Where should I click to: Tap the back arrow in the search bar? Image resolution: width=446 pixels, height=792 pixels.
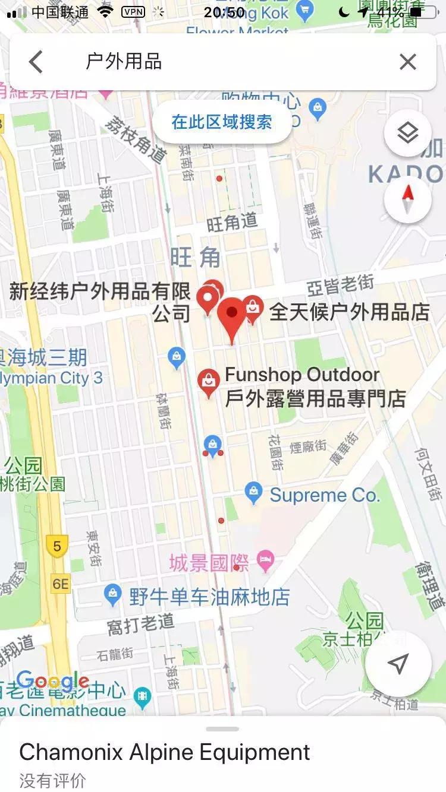(36, 62)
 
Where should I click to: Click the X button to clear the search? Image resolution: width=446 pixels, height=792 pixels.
(408, 62)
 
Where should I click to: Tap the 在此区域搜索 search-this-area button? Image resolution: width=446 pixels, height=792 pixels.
(222, 122)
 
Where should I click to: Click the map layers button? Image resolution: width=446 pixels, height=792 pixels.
(408, 133)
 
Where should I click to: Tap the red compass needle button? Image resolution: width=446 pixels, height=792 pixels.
(408, 199)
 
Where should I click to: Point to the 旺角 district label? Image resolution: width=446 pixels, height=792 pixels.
(196, 258)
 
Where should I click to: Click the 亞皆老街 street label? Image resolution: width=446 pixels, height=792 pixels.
(340, 286)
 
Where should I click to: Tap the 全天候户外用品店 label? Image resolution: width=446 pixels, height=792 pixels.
(350, 312)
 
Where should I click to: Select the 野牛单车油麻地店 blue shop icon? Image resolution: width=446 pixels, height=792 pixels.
(112, 594)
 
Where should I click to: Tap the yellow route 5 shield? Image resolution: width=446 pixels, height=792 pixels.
(57, 546)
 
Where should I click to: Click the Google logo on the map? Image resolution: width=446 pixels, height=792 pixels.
(52, 681)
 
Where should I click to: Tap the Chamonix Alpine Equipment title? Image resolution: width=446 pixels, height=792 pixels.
(165, 752)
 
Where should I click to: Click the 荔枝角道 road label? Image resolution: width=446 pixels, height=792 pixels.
(136, 137)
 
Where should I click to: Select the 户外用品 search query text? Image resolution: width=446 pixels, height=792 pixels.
(124, 62)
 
